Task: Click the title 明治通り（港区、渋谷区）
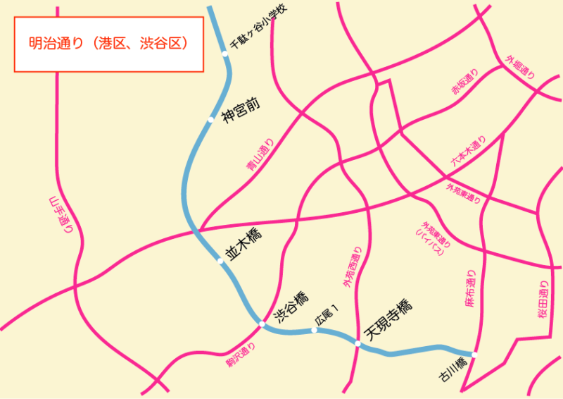pos(109,44)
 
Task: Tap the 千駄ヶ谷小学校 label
pos(260,27)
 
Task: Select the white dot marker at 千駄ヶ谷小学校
pos(225,54)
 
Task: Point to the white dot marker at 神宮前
pos(210,121)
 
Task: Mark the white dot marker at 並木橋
pos(220,262)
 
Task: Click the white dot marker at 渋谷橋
pos(261,324)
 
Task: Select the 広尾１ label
pos(327,315)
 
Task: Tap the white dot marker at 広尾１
pos(315,330)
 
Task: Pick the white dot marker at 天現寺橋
pos(358,343)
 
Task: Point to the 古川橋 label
pos(453,370)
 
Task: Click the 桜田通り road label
pos(543,300)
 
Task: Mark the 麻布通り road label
pos(471,289)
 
